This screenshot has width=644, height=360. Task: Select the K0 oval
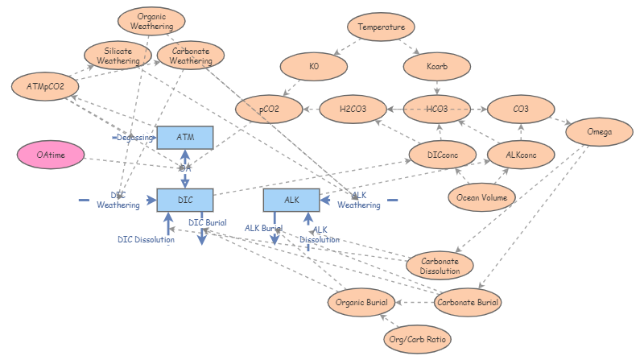(313, 68)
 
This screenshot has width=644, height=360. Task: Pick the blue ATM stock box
(184, 138)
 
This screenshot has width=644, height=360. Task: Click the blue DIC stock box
(184, 199)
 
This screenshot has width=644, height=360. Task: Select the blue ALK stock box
(291, 199)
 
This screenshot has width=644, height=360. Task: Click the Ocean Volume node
(481, 197)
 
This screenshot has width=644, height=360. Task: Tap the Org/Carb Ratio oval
(416, 339)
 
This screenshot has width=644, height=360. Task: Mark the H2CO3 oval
(353, 108)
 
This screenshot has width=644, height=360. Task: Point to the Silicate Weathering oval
(119, 56)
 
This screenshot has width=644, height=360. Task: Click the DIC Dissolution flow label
(146, 239)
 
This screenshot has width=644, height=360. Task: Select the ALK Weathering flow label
(359, 200)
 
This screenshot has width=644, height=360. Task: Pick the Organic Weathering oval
(152, 20)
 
